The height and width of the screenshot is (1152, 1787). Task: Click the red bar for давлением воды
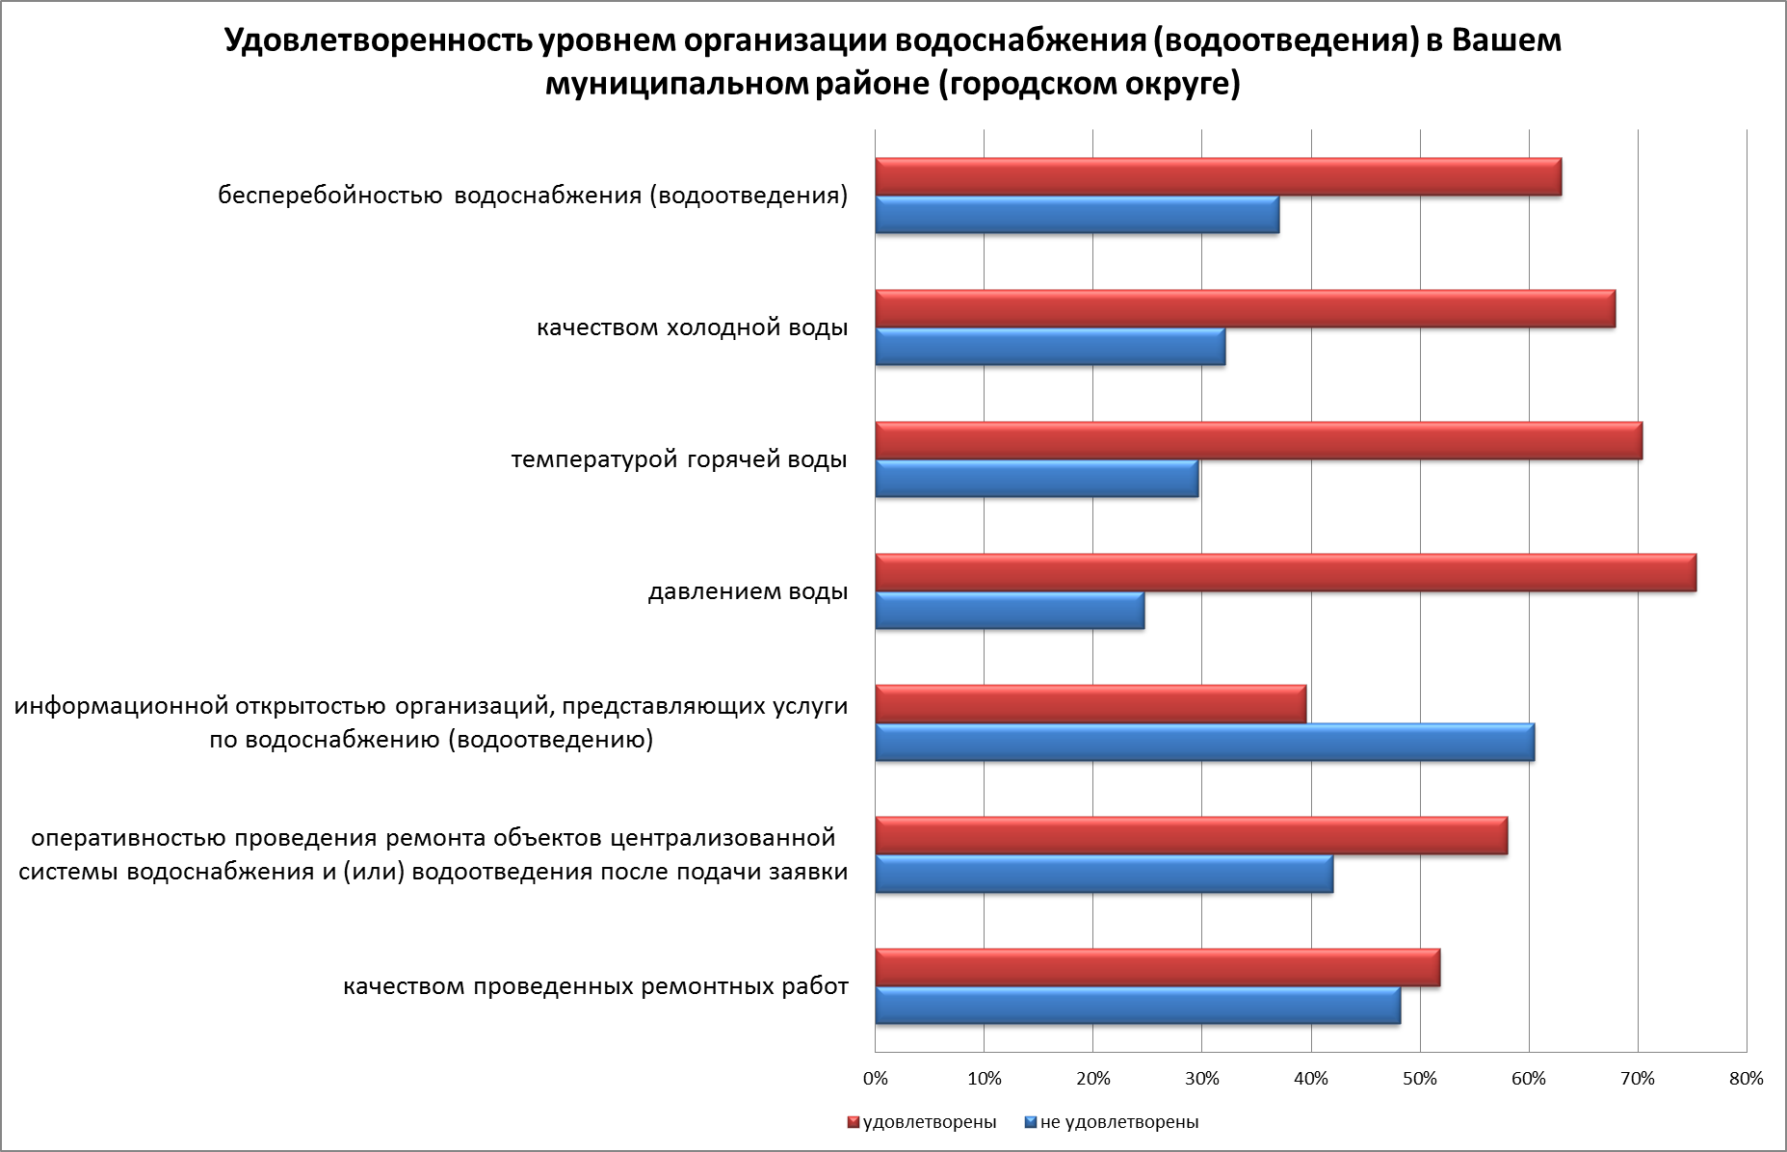click(1285, 573)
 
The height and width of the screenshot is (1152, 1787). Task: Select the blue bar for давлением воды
click(1010, 612)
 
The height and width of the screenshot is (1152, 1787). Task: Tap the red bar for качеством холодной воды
click(1245, 309)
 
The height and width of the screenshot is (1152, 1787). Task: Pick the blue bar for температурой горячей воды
click(1037, 479)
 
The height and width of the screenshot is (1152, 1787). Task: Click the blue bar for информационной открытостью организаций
click(1204, 743)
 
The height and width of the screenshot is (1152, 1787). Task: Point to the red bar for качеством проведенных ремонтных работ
click(1157, 968)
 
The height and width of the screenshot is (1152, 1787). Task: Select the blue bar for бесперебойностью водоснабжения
click(1077, 215)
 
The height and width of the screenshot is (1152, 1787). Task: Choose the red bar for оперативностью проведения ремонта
click(1191, 836)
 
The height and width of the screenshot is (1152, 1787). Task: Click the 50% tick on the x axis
click(1420, 1079)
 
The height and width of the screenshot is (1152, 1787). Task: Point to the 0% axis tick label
click(875, 1079)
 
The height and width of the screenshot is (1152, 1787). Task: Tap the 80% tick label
click(1746, 1079)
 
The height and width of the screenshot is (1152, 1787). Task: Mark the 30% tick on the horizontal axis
click(1201, 1079)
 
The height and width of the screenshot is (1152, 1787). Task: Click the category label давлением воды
click(748, 591)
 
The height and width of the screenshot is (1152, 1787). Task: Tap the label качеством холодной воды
click(692, 327)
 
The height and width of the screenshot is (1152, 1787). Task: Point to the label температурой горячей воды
click(679, 459)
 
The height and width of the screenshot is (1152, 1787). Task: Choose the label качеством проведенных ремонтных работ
click(595, 987)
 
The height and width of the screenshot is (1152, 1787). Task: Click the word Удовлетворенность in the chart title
click(377, 41)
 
